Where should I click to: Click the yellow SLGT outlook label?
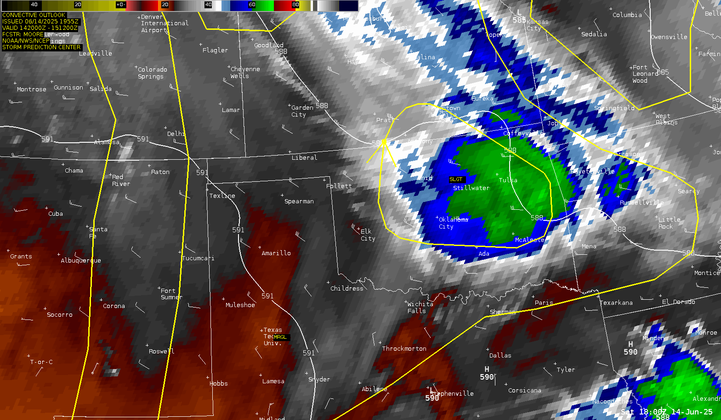[x=456, y=179]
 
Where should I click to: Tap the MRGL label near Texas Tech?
[x=280, y=337]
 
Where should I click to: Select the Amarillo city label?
[x=276, y=253]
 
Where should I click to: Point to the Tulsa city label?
[x=508, y=180]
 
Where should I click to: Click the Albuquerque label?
[x=81, y=260]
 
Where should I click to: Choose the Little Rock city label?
[x=669, y=223]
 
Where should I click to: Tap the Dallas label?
[x=500, y=355]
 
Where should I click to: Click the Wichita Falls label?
[x=420, y=308]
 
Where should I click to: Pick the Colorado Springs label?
[x=152, y=73]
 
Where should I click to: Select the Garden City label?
[x=302, y=111]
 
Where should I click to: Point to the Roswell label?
[x=161, y=351]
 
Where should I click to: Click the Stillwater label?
[x=471, y=188]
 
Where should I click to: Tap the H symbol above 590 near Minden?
[x=630, y=344]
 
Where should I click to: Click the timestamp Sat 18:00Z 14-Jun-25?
[x=666, y=412]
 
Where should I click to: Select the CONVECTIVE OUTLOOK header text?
[x=34, y=15]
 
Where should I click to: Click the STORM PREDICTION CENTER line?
[x=41, y=47]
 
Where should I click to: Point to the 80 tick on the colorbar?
[x=295, y=5]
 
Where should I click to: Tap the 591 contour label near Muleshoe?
[x=267, y=296]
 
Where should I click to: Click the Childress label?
[x=346, y=288]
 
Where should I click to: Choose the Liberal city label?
[x=304, y=157]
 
